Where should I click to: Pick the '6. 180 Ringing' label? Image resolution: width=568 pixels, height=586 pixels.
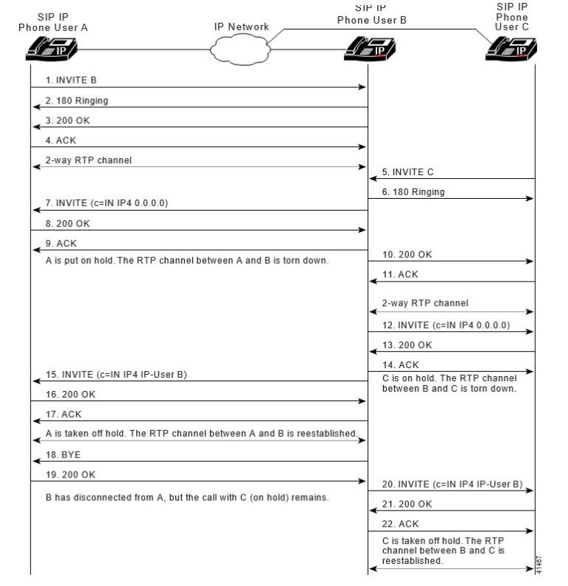point(413,191)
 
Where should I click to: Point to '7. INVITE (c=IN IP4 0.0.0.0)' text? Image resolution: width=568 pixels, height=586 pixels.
point(107,202)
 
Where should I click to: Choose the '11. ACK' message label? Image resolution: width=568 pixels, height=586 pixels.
point(400,274)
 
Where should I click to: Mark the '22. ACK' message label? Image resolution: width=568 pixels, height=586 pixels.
point(400,524)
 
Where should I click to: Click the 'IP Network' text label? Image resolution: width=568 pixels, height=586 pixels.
point(242,27)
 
